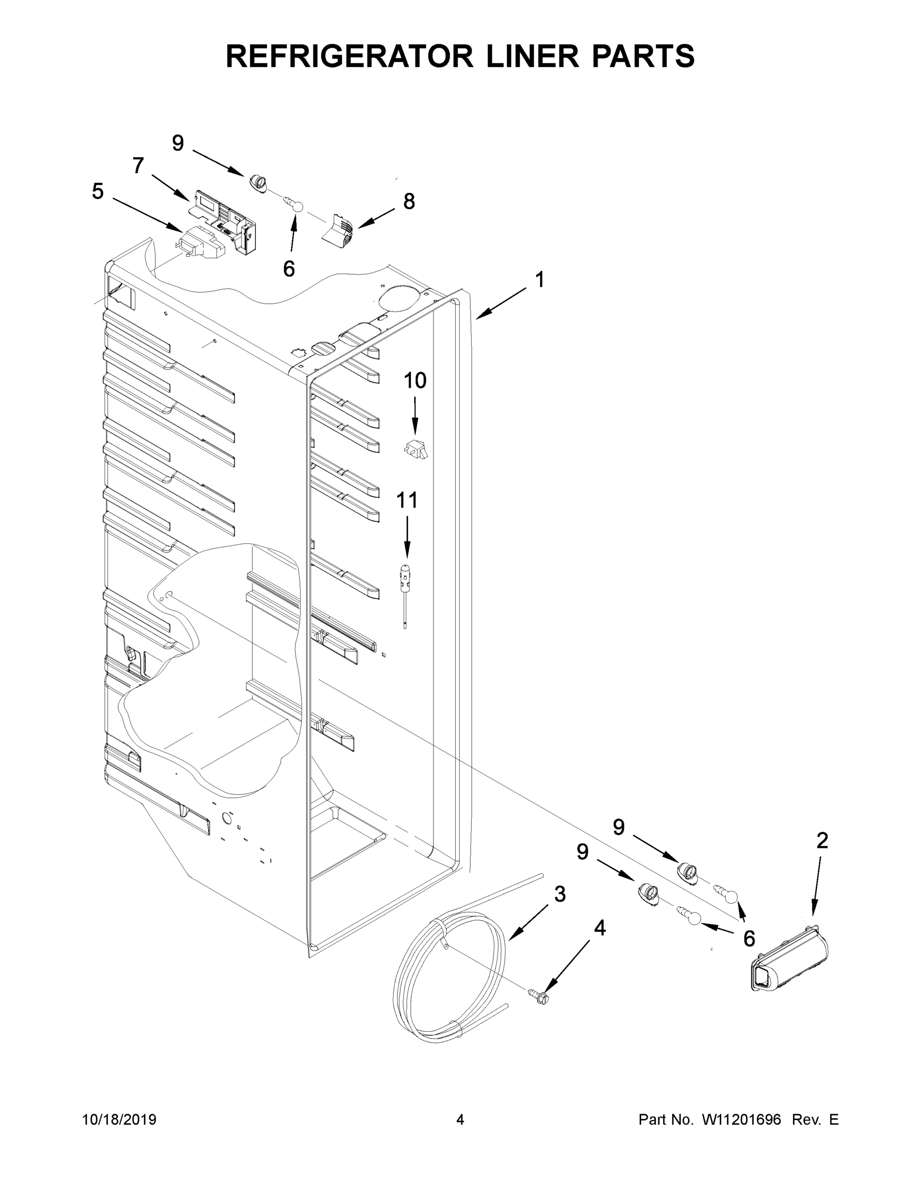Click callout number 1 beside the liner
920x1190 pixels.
pyautogui.click(x=540, y=280)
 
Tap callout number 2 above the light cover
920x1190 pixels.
pyautogui.click(x=822, y=841)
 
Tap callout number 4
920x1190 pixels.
pyautogui.click(x=600, y=928)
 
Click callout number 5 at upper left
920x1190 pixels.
pyautogui.click(x=98, y=192)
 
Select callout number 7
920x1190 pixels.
pyautogui.click(x=138, y=165)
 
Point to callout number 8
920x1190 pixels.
pyautogui.click(x=409, y=202)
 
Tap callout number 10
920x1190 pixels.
pyautogui.click(x=415, y=380)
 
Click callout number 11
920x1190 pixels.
pyautogui.click(x=407, y=500)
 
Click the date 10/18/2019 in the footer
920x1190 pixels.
pyautogui.click(x=120, y=1119)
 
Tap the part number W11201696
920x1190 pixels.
pyautogui.click(x=741, y=1119)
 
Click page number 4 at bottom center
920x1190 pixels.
pyautogui.click(x=460, y=1119)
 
